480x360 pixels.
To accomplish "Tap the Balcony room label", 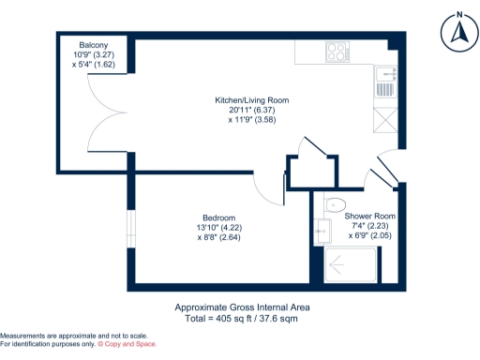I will point(93,45).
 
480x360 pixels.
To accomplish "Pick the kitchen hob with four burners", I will point(336,51).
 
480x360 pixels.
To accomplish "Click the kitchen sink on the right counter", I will point(383,82).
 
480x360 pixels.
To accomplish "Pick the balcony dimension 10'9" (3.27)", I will point(93,55).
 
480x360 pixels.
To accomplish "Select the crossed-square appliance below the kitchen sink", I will point(383,120).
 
